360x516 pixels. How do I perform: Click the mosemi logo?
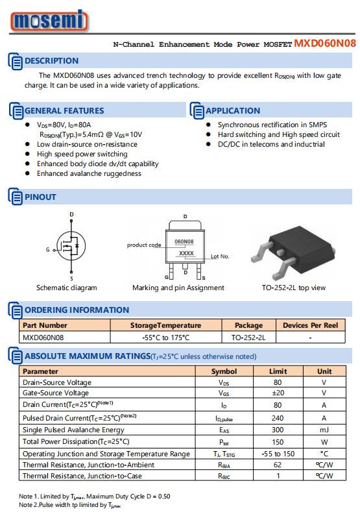(49, 20)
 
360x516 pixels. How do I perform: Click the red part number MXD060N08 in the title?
(325, 43)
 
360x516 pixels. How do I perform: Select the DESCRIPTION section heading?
(52, 61)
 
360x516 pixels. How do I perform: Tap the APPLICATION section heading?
(233, 110)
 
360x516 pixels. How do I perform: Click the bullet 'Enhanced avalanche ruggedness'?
(89, 173)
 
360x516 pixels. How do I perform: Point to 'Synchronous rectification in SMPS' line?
(272, 125)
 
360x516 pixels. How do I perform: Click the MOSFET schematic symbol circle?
(71, 245)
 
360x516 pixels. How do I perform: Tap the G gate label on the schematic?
(47, 250)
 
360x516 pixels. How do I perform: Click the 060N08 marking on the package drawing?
(184, 241)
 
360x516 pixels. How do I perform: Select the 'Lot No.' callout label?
(220, 256)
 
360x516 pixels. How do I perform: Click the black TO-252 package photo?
(293, 251)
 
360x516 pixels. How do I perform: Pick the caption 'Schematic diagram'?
(66, 288)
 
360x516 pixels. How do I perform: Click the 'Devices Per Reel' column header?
(310, 325)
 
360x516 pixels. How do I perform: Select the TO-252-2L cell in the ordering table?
(248, 338)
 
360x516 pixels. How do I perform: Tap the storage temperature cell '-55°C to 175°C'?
(165, 338)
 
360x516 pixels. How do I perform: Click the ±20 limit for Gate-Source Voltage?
(278, 393)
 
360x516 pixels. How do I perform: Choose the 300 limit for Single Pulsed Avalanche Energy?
(278, 430)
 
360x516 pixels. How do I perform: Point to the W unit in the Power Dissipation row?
(324, 441)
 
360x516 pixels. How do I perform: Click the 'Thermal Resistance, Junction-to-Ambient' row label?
(88, 465)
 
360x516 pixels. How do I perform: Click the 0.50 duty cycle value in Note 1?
(164, 497)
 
